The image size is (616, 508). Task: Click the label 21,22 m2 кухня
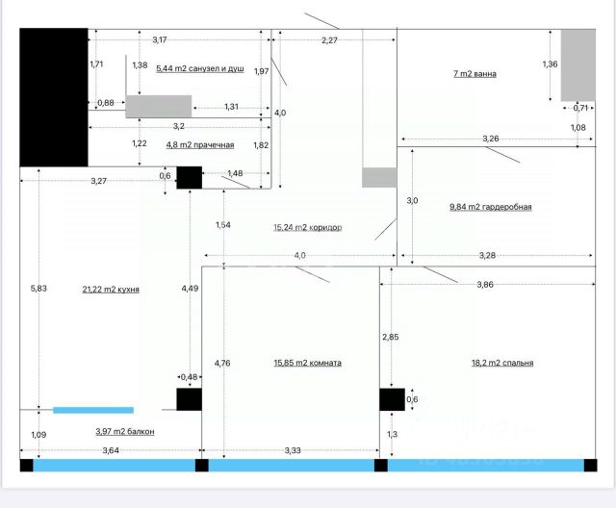coord(111,289)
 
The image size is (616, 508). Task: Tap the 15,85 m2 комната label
coord(307,363)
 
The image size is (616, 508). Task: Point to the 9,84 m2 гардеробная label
coord(491,206)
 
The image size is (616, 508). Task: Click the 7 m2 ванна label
coord(475,73)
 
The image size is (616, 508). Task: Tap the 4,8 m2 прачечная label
coord(200,144)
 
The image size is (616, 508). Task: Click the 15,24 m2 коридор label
coord(308,228)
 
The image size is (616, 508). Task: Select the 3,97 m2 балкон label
coord(125,432)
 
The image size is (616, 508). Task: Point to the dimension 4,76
coord(221,363)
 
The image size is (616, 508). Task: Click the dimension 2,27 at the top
coord(330,39)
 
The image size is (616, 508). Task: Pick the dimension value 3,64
coord(111,450)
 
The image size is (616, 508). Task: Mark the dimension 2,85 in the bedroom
coord(391,337)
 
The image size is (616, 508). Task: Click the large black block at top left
coord(54,96)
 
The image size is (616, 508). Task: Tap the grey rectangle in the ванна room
coord(578,64)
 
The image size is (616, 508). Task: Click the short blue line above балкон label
coord(93,410)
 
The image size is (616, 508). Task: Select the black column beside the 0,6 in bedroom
coord(392,400)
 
